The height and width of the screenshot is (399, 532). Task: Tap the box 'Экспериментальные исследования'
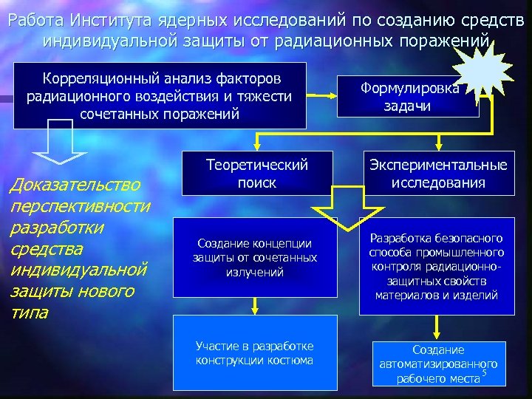point(438,173)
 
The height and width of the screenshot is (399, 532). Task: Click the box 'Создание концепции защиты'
point(254,258)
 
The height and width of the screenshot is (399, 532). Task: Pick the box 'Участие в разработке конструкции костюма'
point(254,353)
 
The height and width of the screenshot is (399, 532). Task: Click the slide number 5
point(484,373)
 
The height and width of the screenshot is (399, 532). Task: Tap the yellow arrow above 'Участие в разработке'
point(254,305)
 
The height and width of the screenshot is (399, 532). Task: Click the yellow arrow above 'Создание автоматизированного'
point(439,329)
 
